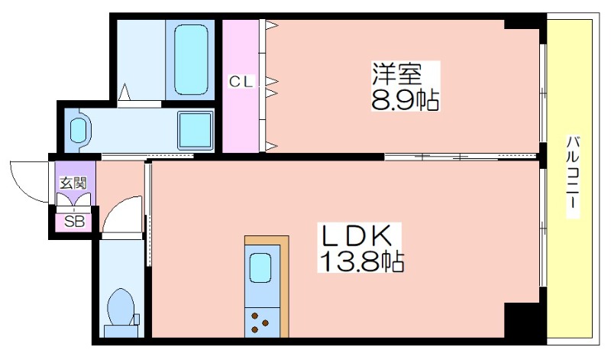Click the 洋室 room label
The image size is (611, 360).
397,73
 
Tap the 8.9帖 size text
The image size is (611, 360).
406,100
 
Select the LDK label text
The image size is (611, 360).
355,235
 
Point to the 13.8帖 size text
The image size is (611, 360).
361,261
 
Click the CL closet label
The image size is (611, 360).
241,82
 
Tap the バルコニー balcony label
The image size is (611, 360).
572,177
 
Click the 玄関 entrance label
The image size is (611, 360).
73,183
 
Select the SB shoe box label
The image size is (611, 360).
74,222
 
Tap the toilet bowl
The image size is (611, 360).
120,307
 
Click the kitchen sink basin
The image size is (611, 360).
260,268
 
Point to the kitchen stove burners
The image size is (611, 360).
260,323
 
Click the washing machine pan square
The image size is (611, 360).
196,131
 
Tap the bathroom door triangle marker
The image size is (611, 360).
124,92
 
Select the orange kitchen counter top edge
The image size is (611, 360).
267,239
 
